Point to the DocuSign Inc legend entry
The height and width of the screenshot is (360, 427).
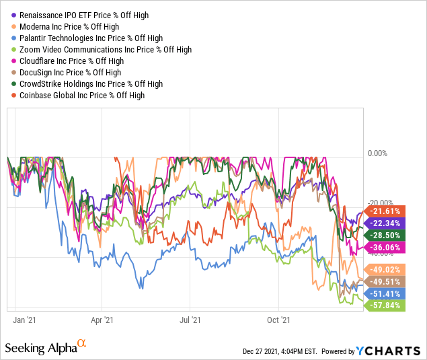click(x=71, y=72)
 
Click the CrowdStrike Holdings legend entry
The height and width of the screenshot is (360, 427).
click(x=91, y=83)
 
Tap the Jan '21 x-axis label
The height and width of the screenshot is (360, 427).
click(x=25, y=320)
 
